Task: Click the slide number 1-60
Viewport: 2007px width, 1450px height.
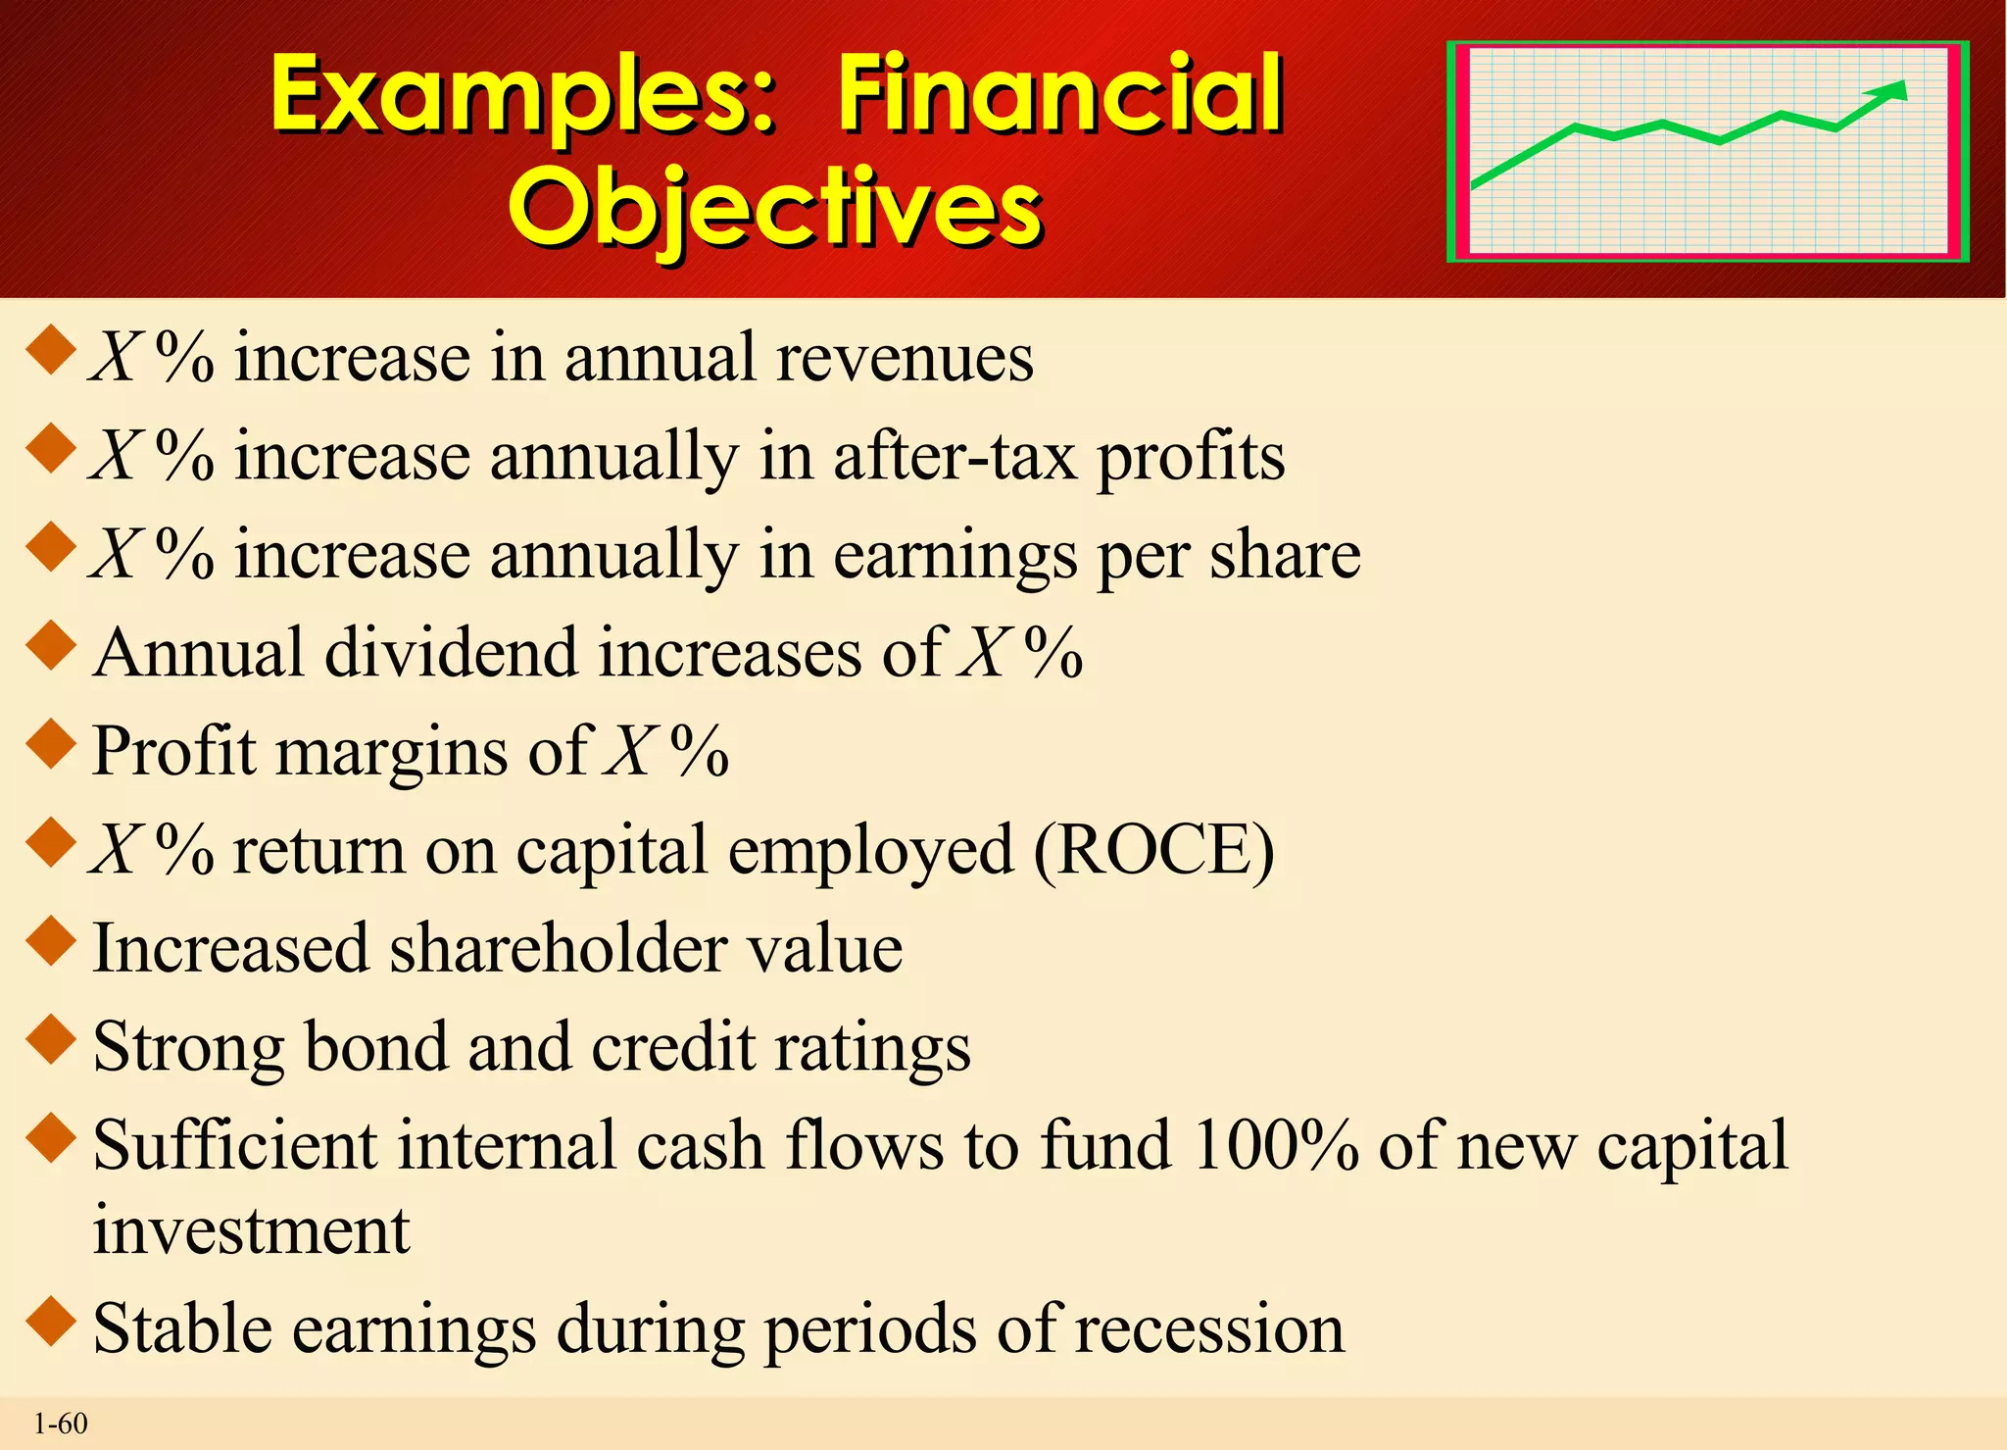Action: (x=61, y=1424)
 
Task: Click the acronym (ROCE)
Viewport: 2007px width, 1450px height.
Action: (x=1154, y=850)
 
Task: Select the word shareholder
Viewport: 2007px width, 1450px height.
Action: (x=559, y=948)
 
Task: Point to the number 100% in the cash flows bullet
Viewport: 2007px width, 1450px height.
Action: (x=1275, y=1145)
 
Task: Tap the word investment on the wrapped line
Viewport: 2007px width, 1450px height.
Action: (x=251, y=1230)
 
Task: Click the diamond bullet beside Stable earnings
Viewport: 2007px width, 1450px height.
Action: (x=51, y=1321)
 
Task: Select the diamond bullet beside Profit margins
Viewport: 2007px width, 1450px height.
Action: (x=51, y=744)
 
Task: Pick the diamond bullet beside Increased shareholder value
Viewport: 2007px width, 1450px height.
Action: (x=51, y=940)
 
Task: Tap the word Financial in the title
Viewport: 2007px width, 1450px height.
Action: (x=1059, y=95)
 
